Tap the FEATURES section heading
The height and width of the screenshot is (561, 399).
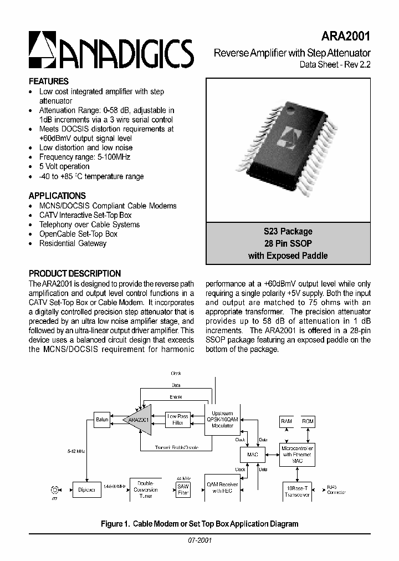(49, 81)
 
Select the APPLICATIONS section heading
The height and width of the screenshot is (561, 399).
(57, 196)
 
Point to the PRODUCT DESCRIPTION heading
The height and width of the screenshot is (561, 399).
(75, 273)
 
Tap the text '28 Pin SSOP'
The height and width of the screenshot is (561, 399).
(288, 243)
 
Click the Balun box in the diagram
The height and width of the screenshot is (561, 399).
(102, 420)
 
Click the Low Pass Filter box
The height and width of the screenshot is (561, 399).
(177, 420)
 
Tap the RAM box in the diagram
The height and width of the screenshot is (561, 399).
(287, 422)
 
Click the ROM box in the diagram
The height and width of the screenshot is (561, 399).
(308, 422)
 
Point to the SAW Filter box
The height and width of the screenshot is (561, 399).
(183, 490)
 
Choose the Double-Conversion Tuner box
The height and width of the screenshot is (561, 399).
(146, 490)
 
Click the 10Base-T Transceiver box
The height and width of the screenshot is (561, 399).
(296, 491)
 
